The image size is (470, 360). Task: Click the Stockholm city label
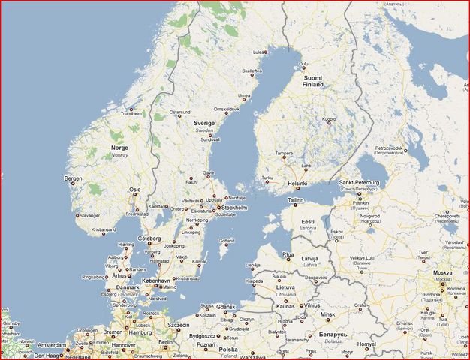pos(235,207)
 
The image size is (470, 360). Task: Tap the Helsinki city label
pos(298,184)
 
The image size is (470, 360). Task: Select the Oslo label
pos(135,190)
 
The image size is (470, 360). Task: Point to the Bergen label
pos(74,178)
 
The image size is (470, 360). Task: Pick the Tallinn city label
pos(295,201)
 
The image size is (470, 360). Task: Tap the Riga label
pos(288,254)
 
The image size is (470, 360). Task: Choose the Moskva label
pos(441,272)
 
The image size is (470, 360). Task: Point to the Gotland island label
pos(226,240)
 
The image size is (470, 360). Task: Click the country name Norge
pos(119,148)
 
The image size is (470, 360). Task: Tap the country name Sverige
pos(204,122)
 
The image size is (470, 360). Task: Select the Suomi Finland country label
pos(313,81)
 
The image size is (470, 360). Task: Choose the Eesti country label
pos(308,223)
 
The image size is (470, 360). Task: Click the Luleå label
pos(260,52)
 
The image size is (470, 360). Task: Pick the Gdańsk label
pos(228,306)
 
